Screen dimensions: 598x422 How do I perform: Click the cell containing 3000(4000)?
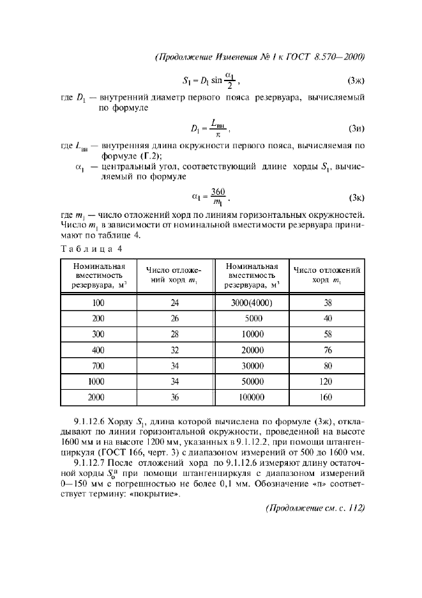pyautogui.click(x=252, y=303)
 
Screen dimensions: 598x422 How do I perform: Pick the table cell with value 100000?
pyautogui.click(x=252, y=396)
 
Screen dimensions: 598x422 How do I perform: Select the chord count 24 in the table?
pyautogui.click(x=174, y=303)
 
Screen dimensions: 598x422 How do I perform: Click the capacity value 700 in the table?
pyautogui.click(x=98, y=365)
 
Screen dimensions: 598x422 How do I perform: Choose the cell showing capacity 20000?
pyautogui.click(x=252, y=350)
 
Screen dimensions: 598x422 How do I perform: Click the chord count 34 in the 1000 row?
pyautogui.click(x=174, y=381)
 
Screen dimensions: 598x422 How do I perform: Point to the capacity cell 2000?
pyautogui.click(x=98, y=396)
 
